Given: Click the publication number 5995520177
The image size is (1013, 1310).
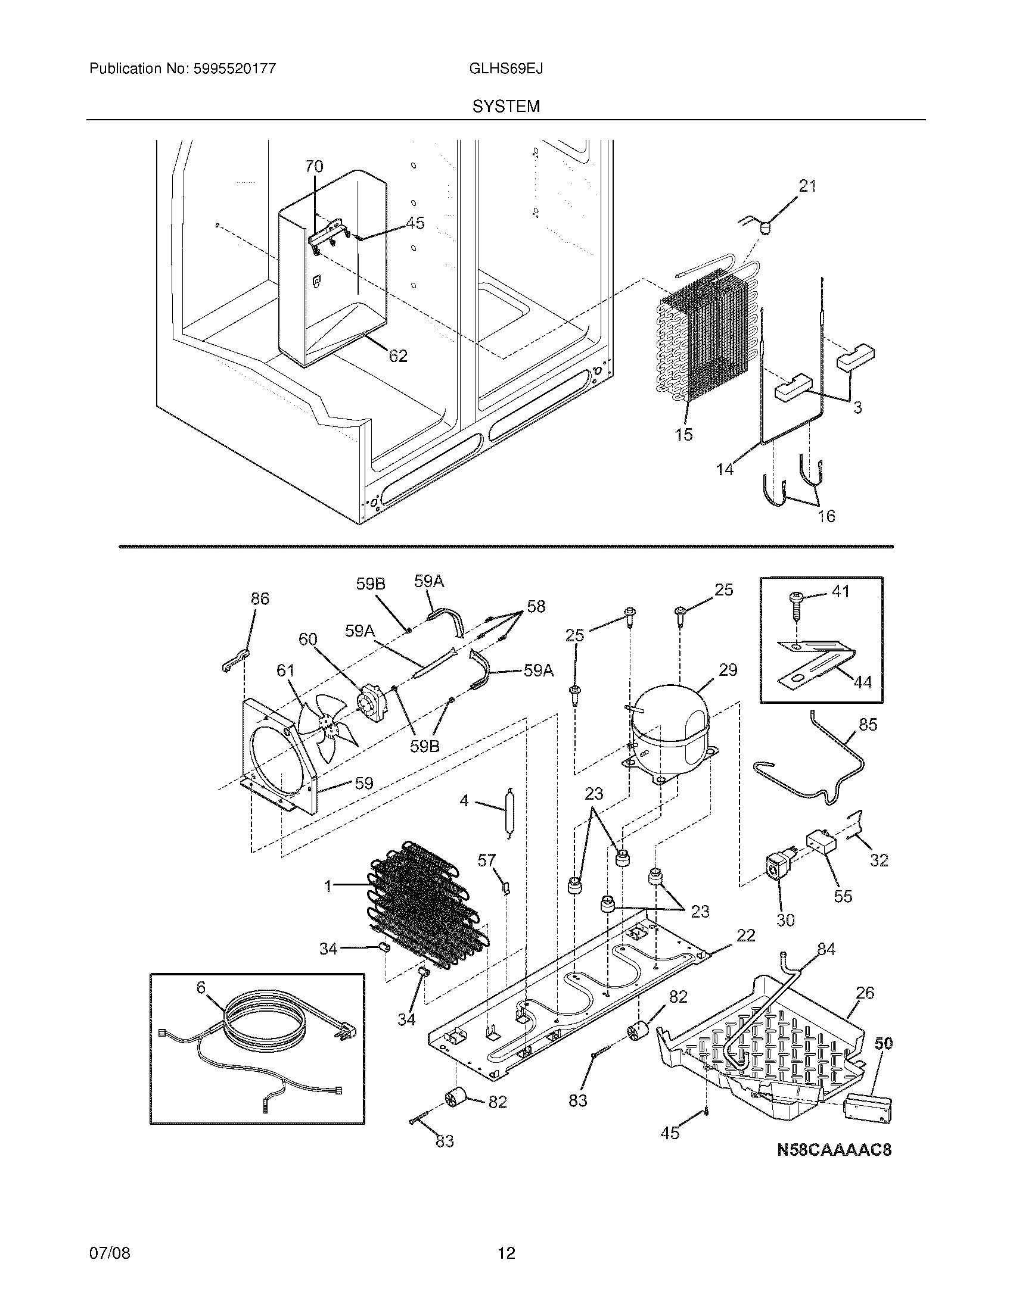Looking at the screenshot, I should coord(234,68).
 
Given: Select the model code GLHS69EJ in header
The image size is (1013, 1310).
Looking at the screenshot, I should coord(506,68).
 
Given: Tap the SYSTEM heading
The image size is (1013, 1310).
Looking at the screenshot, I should coord(506,107).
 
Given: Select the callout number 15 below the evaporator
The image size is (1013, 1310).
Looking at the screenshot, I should coord(683,434).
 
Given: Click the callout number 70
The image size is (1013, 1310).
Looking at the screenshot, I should coord(314,167).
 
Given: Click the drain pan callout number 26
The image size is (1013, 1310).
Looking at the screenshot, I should coord(865,993).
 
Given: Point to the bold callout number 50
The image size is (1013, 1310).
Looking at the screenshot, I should coord(883,1043).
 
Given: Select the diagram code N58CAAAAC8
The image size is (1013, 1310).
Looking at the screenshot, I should coord(834,1150).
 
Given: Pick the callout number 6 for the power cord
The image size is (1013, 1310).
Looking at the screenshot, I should coord(201,988).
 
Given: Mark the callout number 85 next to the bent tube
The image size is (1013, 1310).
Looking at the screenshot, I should coord(868,725).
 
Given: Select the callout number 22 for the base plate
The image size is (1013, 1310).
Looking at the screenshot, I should coord(745,935).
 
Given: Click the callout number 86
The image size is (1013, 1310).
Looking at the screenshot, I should coord(260,598).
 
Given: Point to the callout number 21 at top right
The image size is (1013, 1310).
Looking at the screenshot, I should coord(808,186).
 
